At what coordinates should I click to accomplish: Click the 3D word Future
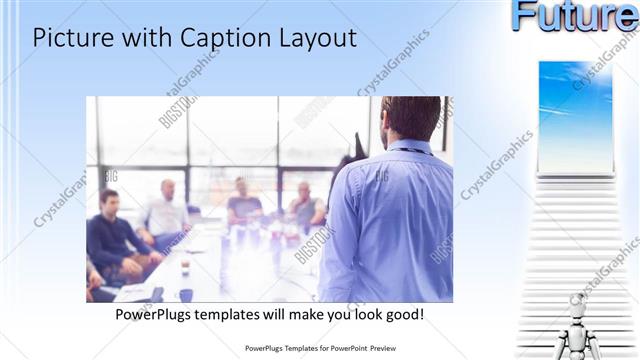[x=575, y=17]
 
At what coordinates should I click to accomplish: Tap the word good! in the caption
[x=403, y=314]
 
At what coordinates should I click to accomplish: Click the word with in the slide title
[x=147, y=39]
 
